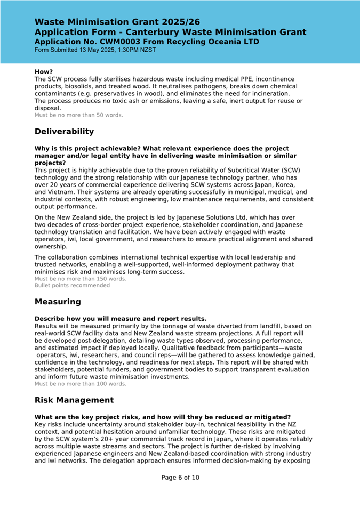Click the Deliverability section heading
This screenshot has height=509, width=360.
(x=64, y=132)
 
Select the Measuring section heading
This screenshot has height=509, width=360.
(x=58, y=302)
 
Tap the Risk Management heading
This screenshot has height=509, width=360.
(x=74, y=400)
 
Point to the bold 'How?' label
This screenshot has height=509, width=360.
(x=44, y=71)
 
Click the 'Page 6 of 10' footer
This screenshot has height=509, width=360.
(x=180, y=478)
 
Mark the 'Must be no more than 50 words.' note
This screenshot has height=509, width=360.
(x=78, y=115)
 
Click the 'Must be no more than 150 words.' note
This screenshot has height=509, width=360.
(x=81, y=279)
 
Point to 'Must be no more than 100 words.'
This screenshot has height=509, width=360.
(x=81, y=384)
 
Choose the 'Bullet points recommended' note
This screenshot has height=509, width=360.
(x=72, y=285)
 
